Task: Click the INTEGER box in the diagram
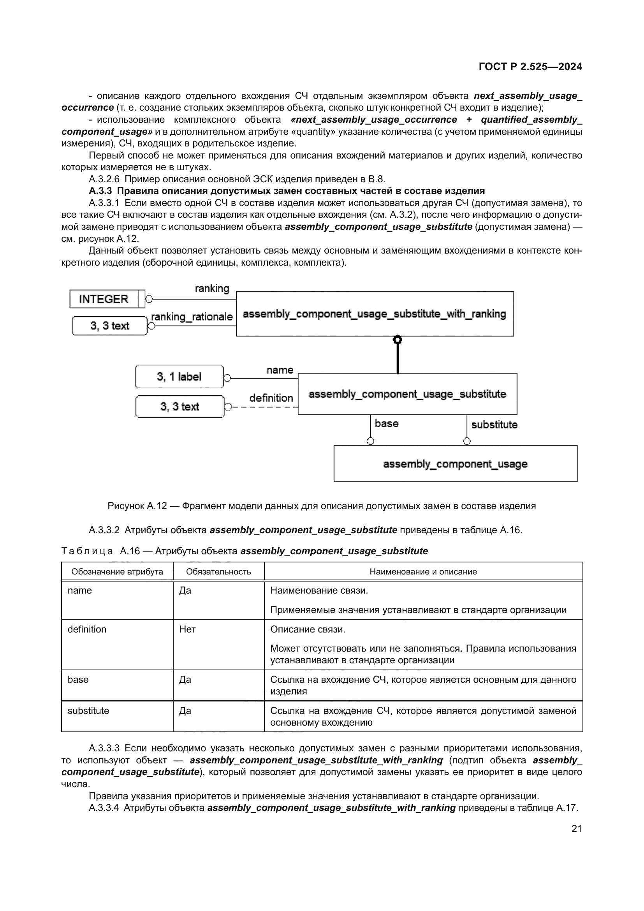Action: click(104, 299)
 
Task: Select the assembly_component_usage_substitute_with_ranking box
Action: click(374, 314)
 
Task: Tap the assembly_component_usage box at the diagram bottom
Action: click(455, 463)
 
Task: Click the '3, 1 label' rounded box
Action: click(179, 377)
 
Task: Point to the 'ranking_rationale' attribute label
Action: click(192, 317)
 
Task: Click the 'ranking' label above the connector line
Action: click(212, 289)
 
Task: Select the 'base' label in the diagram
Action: click(386, 423)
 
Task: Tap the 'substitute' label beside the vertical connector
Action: click(494, 425)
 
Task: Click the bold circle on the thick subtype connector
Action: click(398, 340)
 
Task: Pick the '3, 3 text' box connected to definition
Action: click(179, 406)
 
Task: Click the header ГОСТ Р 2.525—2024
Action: click(530, 67)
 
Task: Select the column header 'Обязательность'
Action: click(218, 571)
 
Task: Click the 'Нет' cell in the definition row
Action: click(187, 629)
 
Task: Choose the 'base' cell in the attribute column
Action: click(78, 679)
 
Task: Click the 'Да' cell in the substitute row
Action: click(185, 711)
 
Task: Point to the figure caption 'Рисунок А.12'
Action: click(136, 506)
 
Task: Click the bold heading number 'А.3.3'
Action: click(101, 191)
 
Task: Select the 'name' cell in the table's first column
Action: click(80, 590)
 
